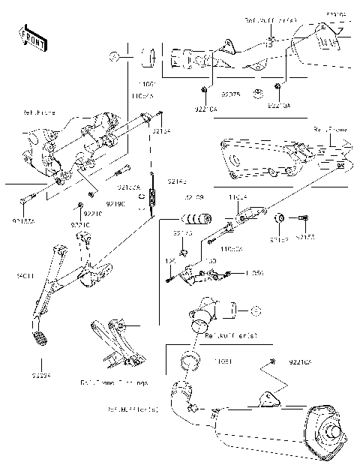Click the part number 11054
[x=238, y=197]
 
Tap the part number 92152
[x=278, y=238]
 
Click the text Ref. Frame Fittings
[x=114, y=382]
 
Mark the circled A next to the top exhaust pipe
[x=113, y=55]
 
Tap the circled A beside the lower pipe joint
[x=254, y=310]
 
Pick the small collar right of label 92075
[x=258, y=94]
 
